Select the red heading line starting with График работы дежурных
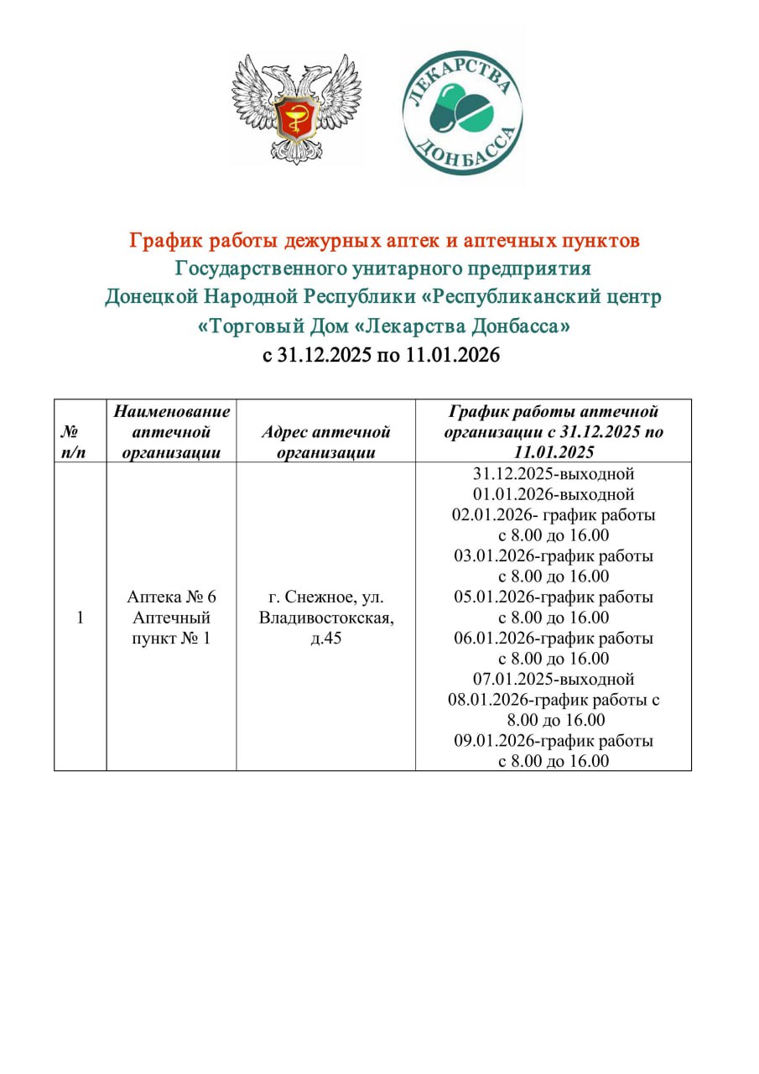(x=383, y=242)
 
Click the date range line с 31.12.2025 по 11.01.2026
(x=382, y=355)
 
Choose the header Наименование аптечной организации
(x=171, y=432)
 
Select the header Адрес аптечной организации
(x=325, y=442)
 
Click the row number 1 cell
(x=80, y=618)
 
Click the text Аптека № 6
(x=171, y=597)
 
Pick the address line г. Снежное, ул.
(x=325, y=597)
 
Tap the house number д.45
(x=325, y=639)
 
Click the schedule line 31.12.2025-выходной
(x=554, y=473)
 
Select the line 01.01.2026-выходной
(x=554, y=494)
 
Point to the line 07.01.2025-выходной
(x=554, y=679)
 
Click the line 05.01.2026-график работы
(x=554, y=597)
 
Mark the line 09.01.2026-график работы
(x=554, y=742)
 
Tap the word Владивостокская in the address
(x=325, y=618)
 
